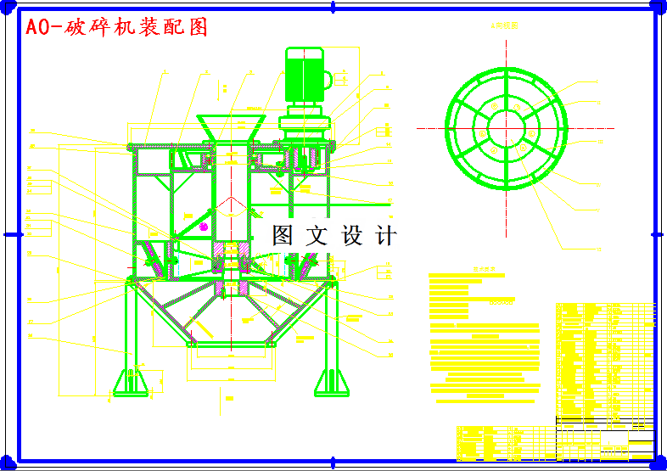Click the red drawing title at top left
pos(116,27)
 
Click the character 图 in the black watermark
pos(283,235)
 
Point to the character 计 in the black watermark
pos(386,235)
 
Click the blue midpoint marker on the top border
pos(333,7)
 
